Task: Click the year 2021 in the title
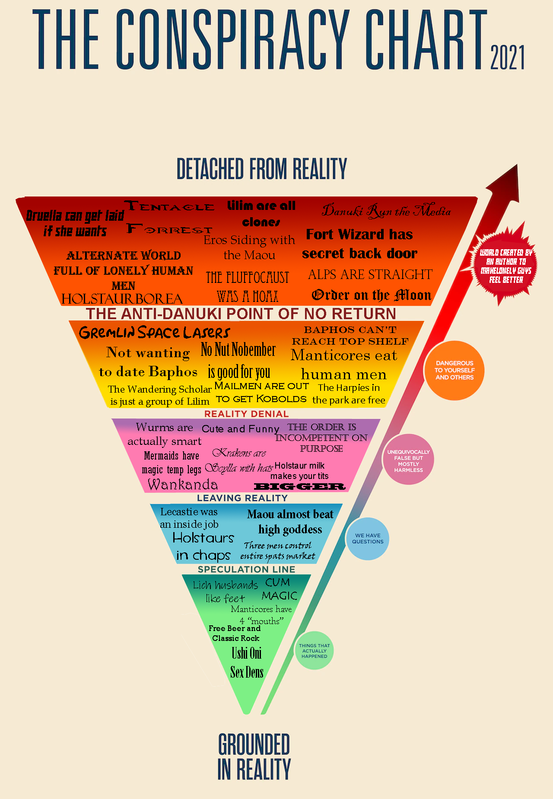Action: click(507, 57)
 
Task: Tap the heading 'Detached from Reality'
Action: click(262, 169)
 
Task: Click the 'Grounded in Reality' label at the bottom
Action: click(254, 757)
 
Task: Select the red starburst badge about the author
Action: click(506, 266)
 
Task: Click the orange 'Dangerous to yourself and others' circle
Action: click(454, 370)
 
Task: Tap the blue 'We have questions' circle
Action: click(367, 539)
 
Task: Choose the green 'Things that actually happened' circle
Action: click(314, 651)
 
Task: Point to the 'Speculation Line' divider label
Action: click(246, 569)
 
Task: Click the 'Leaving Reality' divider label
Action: click(242, 498)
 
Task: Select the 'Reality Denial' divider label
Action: click(246, 414)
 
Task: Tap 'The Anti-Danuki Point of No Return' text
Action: click(241, 314)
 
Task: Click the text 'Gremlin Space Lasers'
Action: click(154, 333)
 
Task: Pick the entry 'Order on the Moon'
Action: click(372, 295)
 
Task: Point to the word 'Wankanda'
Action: click(183, 485)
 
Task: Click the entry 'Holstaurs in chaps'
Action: click(203, 546)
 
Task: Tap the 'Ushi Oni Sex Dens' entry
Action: click(247, 663)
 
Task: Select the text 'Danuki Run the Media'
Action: click(386, 211)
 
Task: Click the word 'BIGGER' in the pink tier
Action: click(299, 487)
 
